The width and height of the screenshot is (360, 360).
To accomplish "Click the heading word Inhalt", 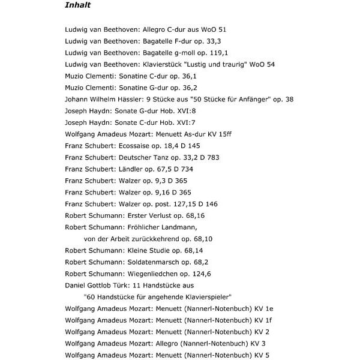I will coord(77,5).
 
